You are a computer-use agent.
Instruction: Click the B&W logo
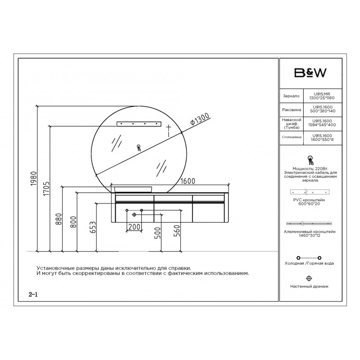coord(310,73)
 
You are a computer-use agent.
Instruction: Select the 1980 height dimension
coord(33,178)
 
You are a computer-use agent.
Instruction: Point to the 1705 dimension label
coord(46,189)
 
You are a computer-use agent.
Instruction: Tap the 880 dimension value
coord(59,219)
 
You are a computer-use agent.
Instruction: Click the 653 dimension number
coord(93,227)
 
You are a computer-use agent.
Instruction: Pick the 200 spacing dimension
coord(134,227)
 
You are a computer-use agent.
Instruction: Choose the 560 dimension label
coord(177,231)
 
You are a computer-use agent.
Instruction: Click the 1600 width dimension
coord(188,181)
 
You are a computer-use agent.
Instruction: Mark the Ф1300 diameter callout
coord(200,119)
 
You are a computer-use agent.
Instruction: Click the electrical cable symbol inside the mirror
coord(139,148)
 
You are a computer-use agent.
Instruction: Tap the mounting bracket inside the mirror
coord(139,124)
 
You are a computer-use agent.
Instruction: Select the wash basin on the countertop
coord(133,189)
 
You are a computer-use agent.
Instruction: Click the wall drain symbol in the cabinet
coord(134,215)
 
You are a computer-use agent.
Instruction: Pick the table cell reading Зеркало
coord(291,96)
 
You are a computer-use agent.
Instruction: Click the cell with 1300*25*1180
coord(322,98)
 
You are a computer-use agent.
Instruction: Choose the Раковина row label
coord(292,110)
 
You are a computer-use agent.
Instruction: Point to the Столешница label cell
coord(292,137)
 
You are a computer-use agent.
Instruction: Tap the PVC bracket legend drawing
coord(310,192)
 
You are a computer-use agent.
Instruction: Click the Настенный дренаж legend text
coord(309,286)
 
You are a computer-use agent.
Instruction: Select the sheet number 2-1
coord(33,294)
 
